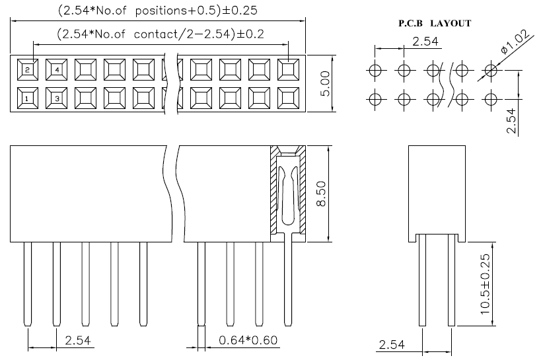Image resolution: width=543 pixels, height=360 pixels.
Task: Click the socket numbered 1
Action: coord(27,98)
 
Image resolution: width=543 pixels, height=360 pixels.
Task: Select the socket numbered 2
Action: coord(27,69)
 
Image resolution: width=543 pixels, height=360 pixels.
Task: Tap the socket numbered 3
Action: coord(56,98)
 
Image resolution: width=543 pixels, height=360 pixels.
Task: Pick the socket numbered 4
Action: coord(56,69)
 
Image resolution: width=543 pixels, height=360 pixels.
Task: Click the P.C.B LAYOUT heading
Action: coord(435,24)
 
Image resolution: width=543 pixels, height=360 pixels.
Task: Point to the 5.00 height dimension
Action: coord(326,83)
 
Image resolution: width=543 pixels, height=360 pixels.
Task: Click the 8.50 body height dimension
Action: coord(322,194)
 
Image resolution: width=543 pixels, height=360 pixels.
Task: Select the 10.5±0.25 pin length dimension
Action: coord(486,284)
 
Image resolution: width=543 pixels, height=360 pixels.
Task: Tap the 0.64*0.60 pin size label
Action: coord(248,340)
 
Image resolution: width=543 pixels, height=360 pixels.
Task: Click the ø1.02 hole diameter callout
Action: coord(515,42)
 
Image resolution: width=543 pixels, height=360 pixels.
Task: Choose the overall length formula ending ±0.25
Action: coord(158,11)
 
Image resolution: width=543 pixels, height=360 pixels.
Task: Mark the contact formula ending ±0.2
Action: coord(161,34)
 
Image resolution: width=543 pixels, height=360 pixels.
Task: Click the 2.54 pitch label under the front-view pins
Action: coord(77,341)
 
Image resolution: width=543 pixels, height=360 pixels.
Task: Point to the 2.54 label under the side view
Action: coord(392,344)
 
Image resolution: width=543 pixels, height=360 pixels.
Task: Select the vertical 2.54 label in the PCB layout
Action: coord(511,121)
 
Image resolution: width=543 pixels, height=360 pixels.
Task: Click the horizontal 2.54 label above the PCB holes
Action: coord(425,42)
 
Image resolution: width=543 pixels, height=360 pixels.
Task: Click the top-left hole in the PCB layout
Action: coord(375,71)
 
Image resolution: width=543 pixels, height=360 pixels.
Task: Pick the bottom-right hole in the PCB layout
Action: coord(491,99)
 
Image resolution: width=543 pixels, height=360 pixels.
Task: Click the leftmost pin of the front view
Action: coord(27,284)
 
